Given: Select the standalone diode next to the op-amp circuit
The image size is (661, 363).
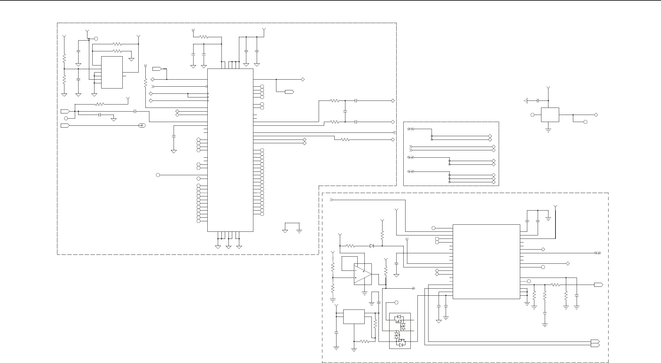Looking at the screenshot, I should pos(372,246).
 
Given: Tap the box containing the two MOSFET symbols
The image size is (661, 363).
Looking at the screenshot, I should pos(400,331).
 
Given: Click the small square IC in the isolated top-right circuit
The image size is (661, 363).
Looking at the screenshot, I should pos(550,115).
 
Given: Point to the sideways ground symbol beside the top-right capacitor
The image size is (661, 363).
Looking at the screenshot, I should pos(525,101).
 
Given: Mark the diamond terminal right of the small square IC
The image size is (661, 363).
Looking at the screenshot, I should pos(596,115).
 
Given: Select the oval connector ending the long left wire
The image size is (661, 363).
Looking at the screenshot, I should pos(142,125).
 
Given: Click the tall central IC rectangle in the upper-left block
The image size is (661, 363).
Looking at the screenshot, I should pos(230,150).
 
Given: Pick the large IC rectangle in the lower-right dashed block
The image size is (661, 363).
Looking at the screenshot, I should pos(486,261).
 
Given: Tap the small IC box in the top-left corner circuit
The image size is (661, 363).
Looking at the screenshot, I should pos(112,72).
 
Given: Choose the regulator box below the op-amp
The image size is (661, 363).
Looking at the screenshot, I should pos(354,317).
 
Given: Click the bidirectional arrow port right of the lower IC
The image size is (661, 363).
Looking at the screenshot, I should pos(597,253).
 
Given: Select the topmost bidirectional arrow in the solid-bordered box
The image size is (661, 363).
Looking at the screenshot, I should pos(410,129).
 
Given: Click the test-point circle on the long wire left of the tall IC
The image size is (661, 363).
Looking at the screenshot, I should pos(158,175).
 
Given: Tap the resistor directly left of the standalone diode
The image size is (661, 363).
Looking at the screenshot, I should pos(350,246).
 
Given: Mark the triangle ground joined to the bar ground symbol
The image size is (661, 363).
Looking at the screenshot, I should pos(285,231).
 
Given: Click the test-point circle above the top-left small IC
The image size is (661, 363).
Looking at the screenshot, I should pos(96,39).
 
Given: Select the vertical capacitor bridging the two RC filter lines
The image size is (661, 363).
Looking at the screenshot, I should pos(345,111).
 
